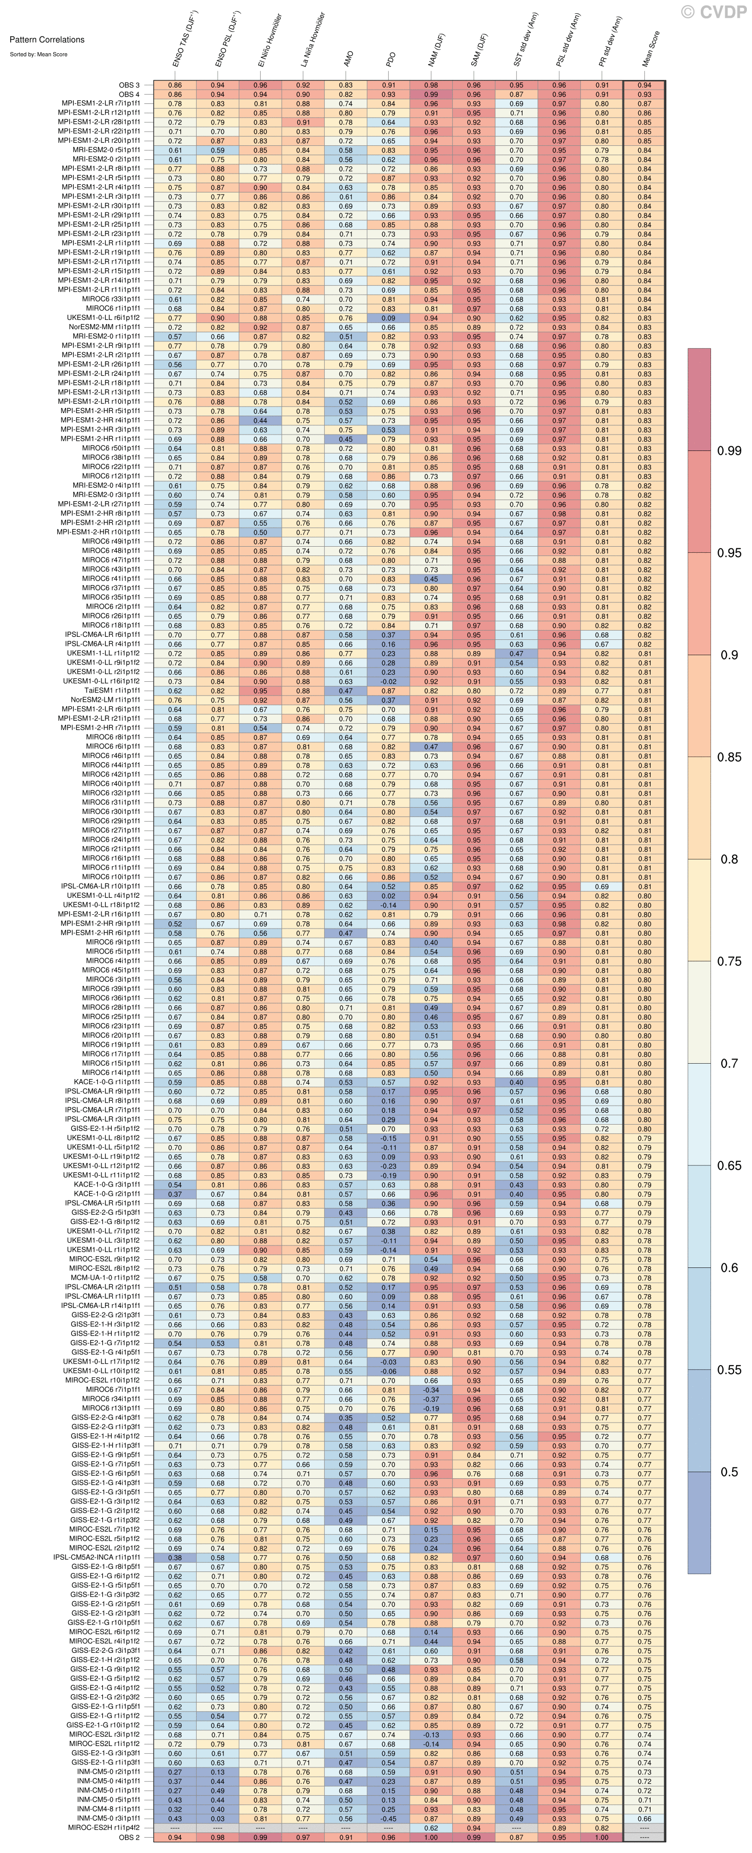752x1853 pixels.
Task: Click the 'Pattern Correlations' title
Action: pyautogui.click(x=47, y=39)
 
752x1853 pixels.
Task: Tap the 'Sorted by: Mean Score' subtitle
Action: pyautogui.click(x=38, y=54)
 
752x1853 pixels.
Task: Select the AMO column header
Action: pyautogui.click(x=348, y=57)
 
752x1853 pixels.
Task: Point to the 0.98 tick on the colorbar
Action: pyautogui.click(x=729, y=451)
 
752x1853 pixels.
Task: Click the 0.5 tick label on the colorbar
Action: pyautogui.click(x=729, y=1472)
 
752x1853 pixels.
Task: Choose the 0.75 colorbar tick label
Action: pyautogui.click(x=729, y=961)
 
